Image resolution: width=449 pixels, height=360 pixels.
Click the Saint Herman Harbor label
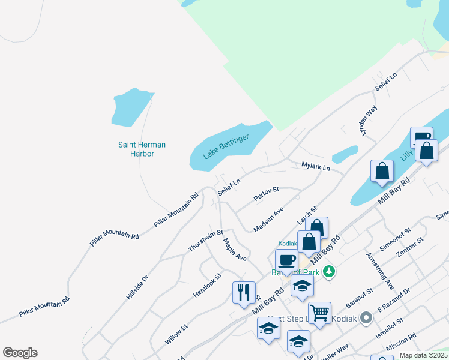[142, 149]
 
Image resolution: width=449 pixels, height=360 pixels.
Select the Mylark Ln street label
[316, 166]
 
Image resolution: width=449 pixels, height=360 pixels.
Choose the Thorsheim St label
[205, 240]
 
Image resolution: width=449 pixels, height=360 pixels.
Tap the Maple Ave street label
[235, 249]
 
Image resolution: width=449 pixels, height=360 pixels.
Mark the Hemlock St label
[207, 284]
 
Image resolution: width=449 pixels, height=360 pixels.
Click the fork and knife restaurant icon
[244, 292]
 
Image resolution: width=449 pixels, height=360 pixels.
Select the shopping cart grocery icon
[319, 311]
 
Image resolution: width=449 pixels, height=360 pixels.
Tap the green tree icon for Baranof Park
[328, 272]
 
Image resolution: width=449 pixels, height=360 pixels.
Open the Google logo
[20, 353]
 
